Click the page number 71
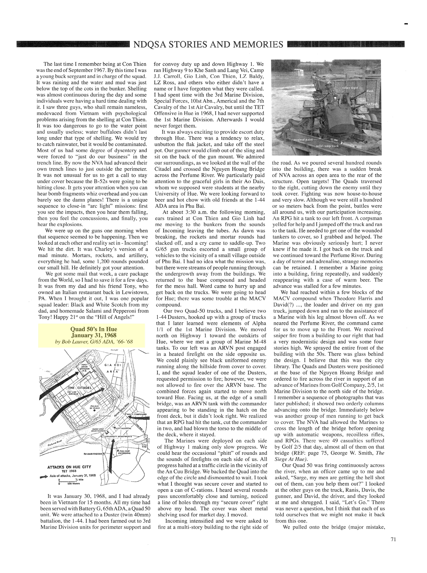pos(393,539)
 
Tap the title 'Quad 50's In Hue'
pos(94,329)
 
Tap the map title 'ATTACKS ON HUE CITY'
pos(69,467)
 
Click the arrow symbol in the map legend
pos(44,475)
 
